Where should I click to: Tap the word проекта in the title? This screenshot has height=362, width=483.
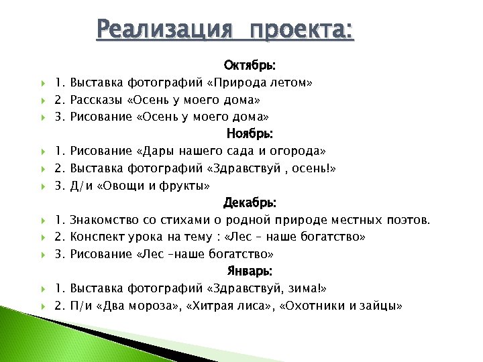[x=300, y=30]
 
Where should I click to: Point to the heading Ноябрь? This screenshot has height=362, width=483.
[x=249, y=134]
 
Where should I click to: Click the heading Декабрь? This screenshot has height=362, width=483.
[x=249, y=202]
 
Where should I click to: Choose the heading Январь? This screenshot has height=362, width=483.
[x=249, y=271]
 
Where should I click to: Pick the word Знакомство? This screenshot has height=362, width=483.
[x=103, y=220]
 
